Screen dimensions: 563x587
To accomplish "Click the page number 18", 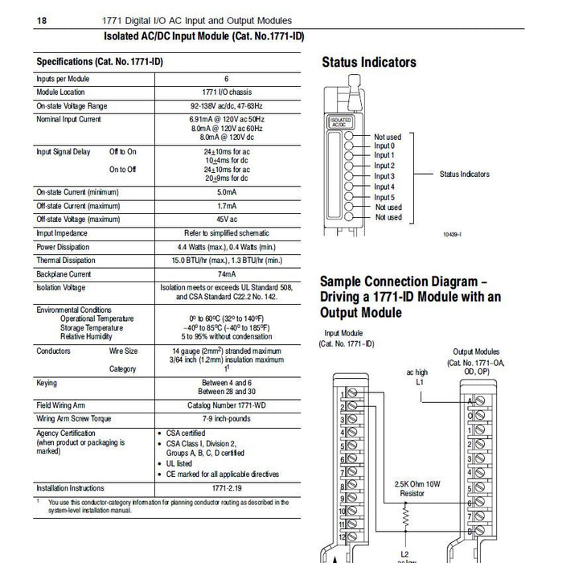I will (x=39, y=20).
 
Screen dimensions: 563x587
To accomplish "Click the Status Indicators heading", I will (x=368, y=62).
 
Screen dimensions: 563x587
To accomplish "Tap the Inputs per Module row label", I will (x=63, y=79).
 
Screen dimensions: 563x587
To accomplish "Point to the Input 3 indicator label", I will (x=384, y=176).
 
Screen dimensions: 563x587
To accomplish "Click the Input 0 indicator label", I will (x=384, y=146).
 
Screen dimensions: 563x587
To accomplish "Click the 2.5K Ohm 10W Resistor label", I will (x=410, y=488).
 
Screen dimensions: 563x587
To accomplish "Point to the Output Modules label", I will (x=476, y=351).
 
